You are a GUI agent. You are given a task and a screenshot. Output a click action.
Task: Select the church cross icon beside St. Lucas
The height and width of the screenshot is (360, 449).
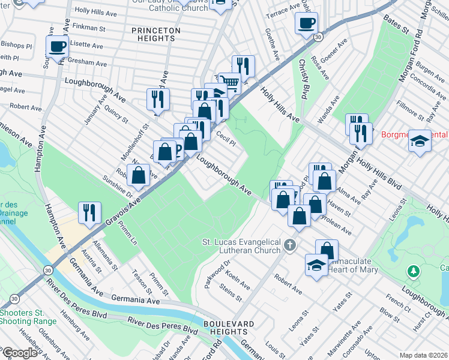(291, 245)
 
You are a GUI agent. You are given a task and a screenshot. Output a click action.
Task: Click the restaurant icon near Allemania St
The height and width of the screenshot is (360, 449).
(89, 212)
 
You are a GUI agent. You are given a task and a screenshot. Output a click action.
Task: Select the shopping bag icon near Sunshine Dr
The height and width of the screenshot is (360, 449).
(138, 175)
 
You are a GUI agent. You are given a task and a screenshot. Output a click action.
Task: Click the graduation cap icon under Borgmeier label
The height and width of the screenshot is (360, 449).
(421, 142)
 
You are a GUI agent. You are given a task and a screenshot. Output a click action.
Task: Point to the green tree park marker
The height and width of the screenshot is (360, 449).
(413, 272)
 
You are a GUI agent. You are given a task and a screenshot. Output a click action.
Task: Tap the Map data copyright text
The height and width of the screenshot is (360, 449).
(423, 355)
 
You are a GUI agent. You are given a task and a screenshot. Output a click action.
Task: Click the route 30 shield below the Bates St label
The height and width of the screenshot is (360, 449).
(318, 37)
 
